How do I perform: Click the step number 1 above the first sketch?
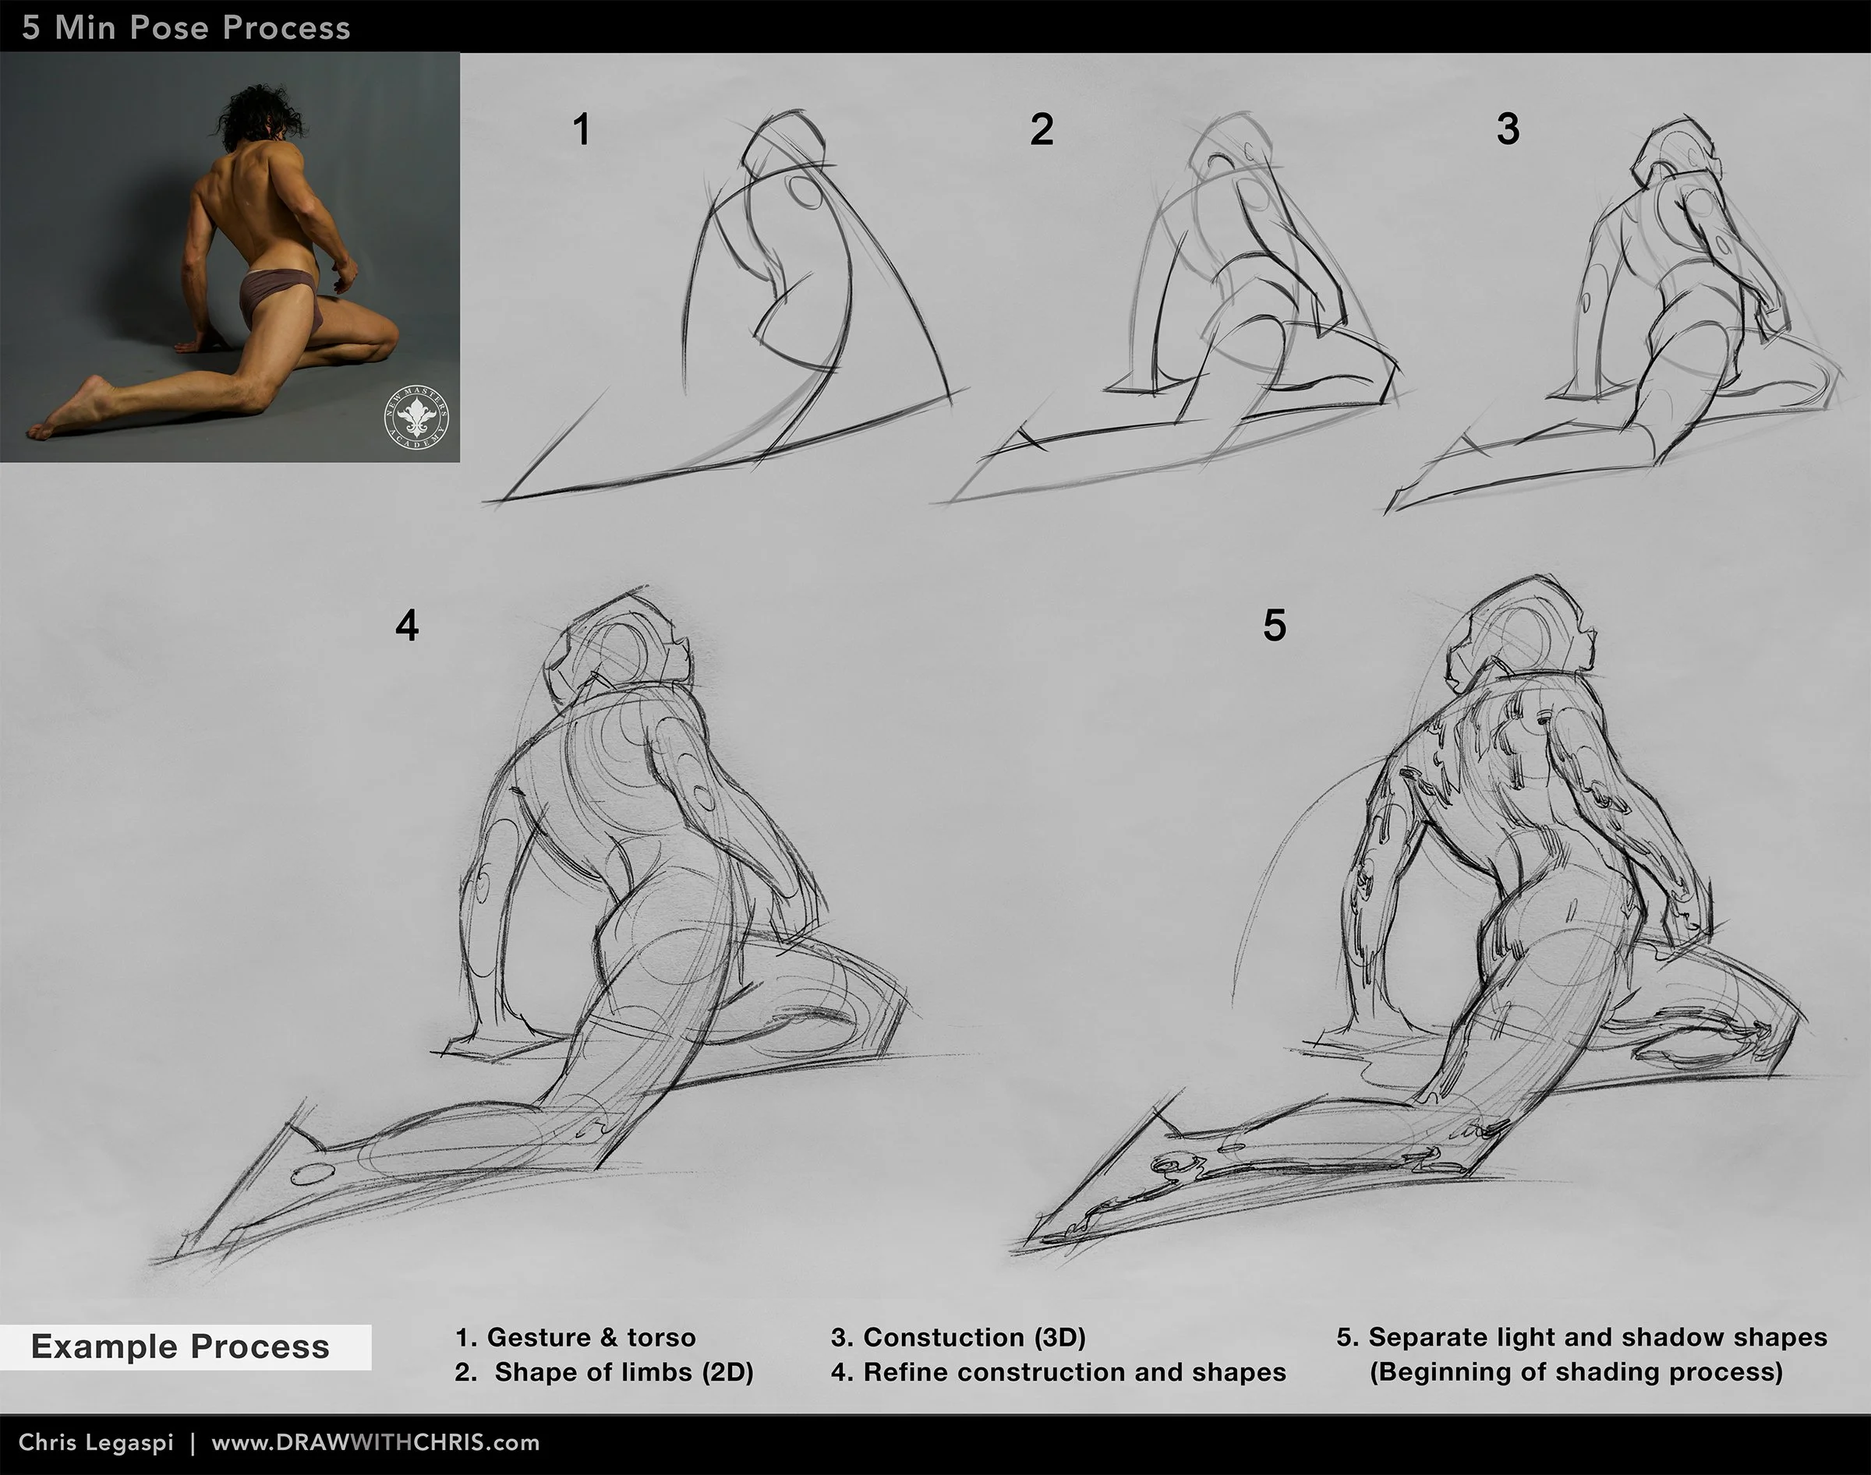[582, 130]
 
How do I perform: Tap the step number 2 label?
[1042, 130]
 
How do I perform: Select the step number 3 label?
[1508, 129]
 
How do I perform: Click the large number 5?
[1274, 625]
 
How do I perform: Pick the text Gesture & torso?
[591, 1338]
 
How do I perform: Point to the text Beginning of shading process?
[1576, 1372]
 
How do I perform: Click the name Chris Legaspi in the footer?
[96, 1443]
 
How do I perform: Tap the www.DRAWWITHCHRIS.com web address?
[376, 1443]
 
